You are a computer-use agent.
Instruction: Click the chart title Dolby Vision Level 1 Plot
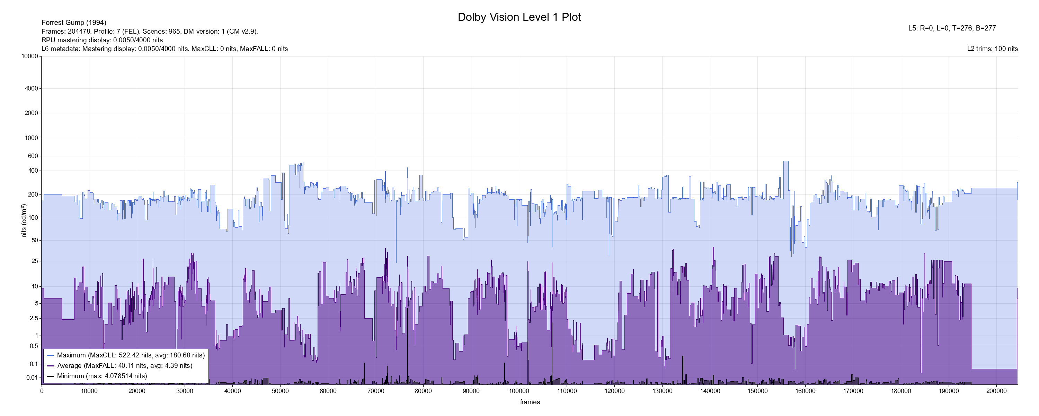point(519,17)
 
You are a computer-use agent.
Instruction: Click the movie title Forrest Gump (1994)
point(74,23)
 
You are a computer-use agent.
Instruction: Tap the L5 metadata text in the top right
point(952,28)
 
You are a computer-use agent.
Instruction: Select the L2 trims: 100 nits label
point(992,49)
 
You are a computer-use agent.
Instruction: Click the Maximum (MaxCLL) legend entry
point(131,355)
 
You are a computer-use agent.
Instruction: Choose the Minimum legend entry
point(101,376)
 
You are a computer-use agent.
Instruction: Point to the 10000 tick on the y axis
point(30,57)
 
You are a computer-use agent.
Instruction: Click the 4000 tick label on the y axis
point(32,88)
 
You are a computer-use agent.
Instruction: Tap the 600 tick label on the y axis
point(33,156)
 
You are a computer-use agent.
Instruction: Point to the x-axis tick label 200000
point(996,391)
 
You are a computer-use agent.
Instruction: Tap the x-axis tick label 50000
point(280,391)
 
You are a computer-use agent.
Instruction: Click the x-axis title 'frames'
point(530,402)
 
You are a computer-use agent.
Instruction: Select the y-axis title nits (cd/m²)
point(24,220)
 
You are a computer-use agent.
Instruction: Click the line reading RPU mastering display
point(102,40)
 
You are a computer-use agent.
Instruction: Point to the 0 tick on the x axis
point(42,391)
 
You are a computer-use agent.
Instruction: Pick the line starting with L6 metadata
point(165,49)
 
